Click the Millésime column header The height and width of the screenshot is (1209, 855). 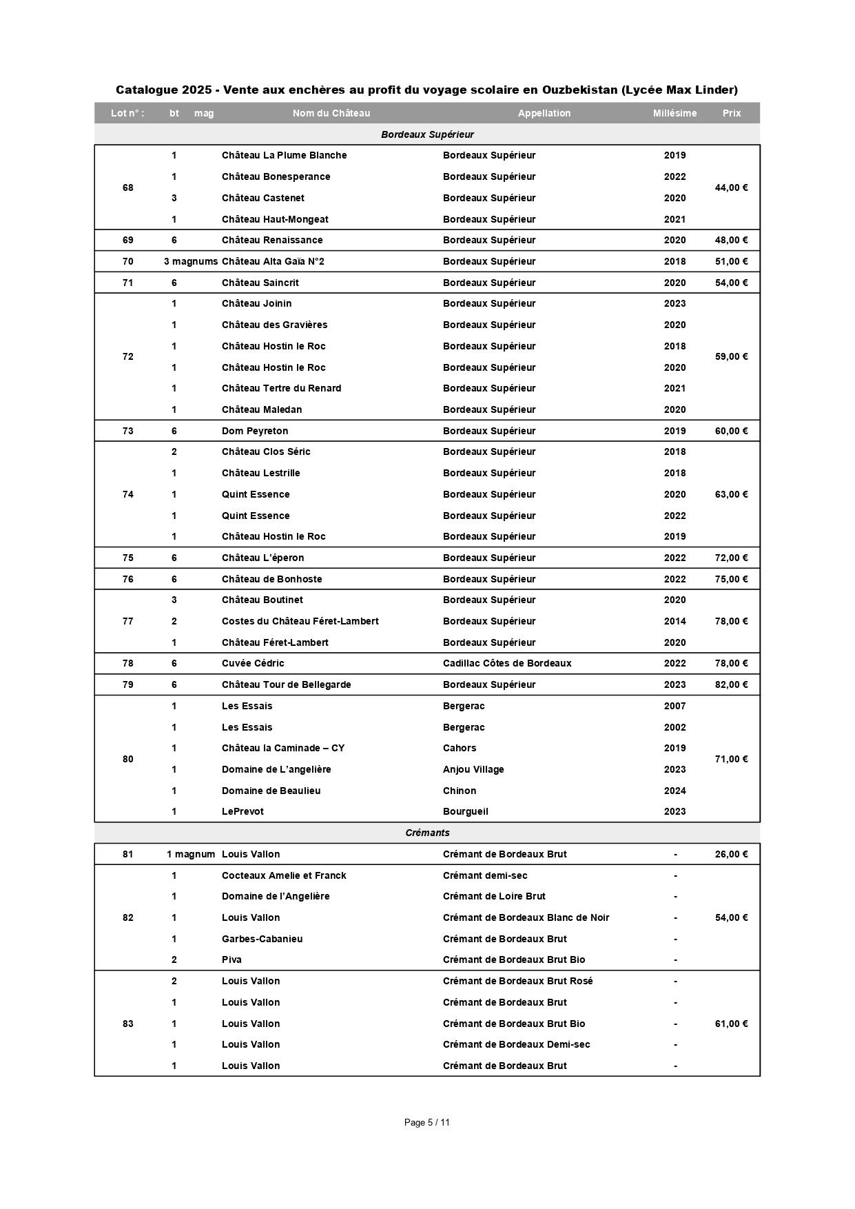(674, 113)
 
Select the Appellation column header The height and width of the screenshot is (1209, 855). (544, 113)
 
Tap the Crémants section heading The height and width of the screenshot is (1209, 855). (427, 833)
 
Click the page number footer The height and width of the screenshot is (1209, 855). (427, 1122)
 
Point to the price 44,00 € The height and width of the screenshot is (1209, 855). (731, 187)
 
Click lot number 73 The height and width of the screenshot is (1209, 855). (128, 431)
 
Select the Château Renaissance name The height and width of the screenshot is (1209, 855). (272, 240)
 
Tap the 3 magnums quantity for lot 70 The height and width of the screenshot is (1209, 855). (191, 261)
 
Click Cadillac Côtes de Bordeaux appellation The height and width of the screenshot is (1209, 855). (507, 663)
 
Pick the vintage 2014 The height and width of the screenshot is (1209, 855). (675, 621)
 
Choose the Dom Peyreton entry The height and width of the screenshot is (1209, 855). (255, 431)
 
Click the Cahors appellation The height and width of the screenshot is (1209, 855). (460, 748)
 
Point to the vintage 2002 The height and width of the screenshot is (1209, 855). (675, 727)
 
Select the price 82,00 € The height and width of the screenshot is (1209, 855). (731, 684)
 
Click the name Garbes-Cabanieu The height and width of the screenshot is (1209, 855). (262, 939)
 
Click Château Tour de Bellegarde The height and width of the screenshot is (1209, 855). (287, 684)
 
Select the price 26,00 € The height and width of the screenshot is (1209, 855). (731, 854)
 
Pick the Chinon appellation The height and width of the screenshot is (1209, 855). (460, 791)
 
